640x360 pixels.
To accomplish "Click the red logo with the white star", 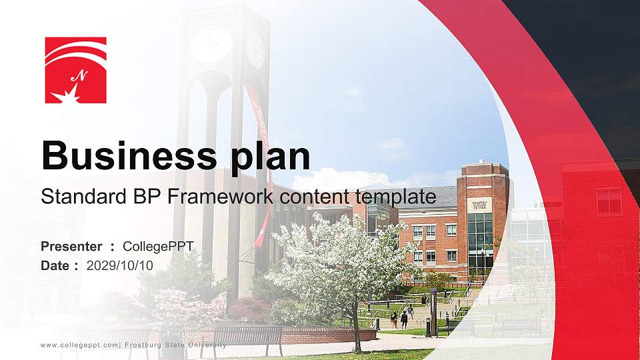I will click(x=75, y=70).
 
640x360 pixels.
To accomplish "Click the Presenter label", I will click(x=71, y=247).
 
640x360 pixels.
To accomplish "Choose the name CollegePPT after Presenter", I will click(x=158, y=247).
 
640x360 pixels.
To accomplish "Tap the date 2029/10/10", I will click(x=120, y=265).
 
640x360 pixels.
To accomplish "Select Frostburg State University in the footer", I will click(x=175, y=345).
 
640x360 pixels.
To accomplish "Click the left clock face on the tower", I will click(x=211, y=43).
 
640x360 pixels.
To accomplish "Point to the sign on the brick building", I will click(x=480, y=205).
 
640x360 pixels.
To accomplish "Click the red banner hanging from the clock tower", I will click(x=261, y=153).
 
